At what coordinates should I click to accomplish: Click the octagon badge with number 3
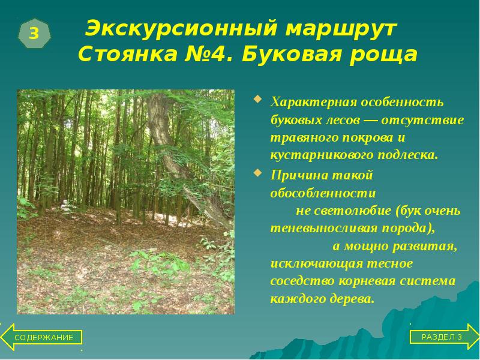34,34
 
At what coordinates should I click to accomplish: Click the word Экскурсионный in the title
178,28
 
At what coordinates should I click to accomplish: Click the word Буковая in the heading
293,55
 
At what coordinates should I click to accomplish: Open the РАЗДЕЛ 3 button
441,337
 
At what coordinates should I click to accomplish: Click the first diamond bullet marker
257,98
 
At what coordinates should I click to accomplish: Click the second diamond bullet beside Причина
257,174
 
